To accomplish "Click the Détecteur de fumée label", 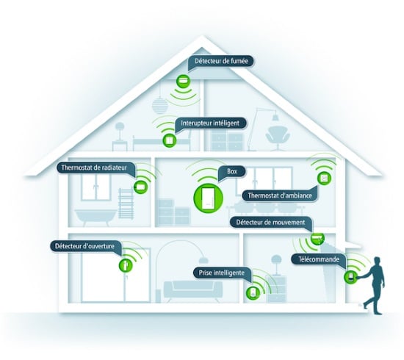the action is tap(221, 61).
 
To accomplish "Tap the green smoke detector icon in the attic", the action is tap(183, 81).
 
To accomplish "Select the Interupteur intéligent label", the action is tap(210, 123).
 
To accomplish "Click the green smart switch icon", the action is tap(169, 140).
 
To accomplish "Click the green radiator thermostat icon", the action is tap(141, 186).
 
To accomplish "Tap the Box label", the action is tap(232, 172).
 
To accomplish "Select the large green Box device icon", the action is tap(208, 198).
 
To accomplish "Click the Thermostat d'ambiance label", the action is tap(280, 196).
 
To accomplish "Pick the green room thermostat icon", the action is tap(324, 178).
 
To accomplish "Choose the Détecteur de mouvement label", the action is tap(270, 223).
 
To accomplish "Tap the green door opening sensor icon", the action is tap(126, 264).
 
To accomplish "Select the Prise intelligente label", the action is tap(222, 273).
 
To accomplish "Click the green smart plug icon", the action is tap(253, 292).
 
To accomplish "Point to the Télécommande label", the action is tap(319, 259).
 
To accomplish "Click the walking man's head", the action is tap(377, 261).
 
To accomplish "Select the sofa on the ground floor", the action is tap(193, 291).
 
